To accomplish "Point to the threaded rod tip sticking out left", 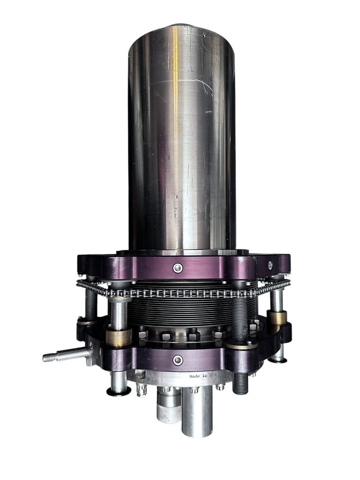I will (47, 358).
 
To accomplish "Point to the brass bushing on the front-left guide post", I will (119, 337).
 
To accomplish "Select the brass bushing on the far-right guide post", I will (276, 317).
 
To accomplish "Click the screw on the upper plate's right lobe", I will (271, 264).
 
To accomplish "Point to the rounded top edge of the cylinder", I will (181, 26).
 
